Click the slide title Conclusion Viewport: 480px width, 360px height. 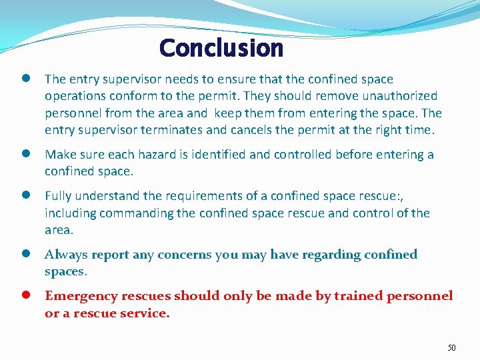(221, 48)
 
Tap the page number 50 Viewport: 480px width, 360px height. (451, 348)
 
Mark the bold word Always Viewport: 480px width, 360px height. (65, 255)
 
